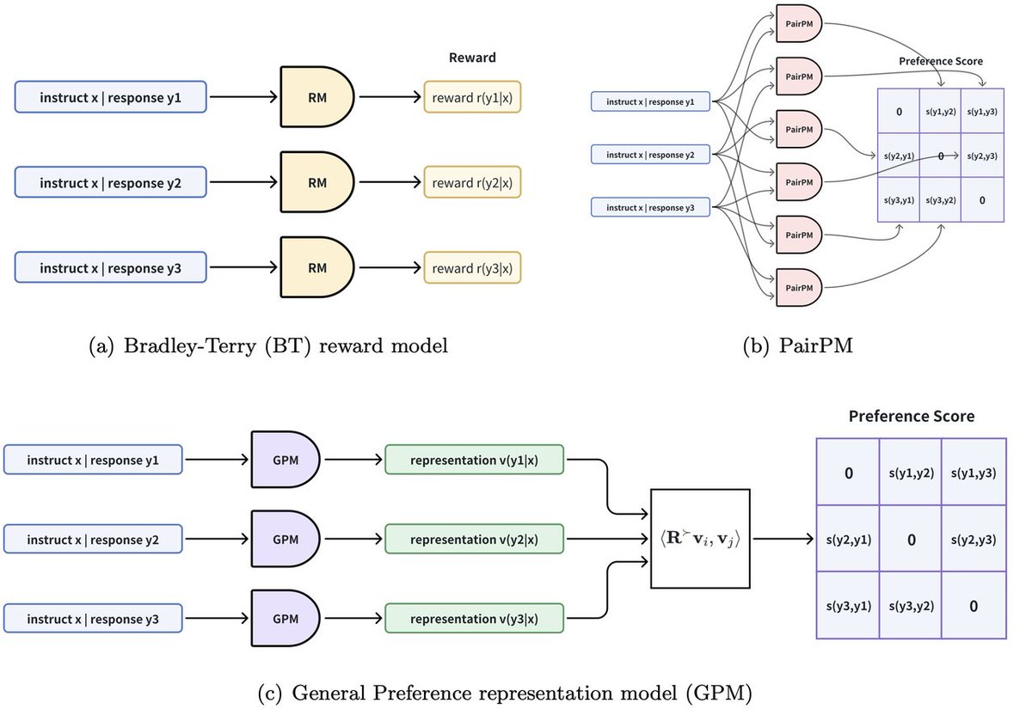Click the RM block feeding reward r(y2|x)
[x=317, y=182]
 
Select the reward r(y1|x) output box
[x=472, y=98]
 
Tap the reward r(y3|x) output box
[x=472, y=267]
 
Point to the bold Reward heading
[x=472, y=58]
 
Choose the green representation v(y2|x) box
[x=475, y=540]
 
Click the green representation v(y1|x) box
[x=475, y=461]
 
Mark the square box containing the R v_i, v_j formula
[x=700, y=539]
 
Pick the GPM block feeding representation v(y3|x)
[x=285, y=617]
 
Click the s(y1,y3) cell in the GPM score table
[x=974, y=473]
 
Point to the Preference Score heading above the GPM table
[x=911, y=416]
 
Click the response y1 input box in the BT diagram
[x=111, y=98]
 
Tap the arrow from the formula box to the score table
[x=783, y=540]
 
